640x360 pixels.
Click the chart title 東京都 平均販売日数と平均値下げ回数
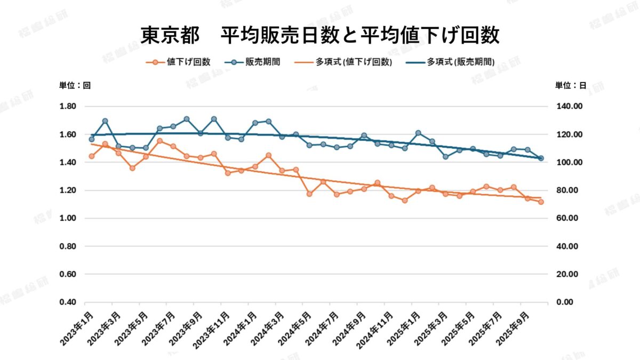point(319,35)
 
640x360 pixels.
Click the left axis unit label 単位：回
point(75,85)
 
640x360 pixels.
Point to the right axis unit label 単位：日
point(571,85)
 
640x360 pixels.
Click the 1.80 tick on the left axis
point(68,107)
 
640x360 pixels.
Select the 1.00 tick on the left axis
point(68,218)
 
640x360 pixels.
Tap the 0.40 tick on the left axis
point(68,302)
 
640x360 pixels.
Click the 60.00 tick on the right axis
point(569,218)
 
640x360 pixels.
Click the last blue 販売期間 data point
point(541,158)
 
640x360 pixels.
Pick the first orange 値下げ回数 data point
point(92,156)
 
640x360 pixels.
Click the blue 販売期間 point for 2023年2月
point(105,121)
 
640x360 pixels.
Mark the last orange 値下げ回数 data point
point(541,202)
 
